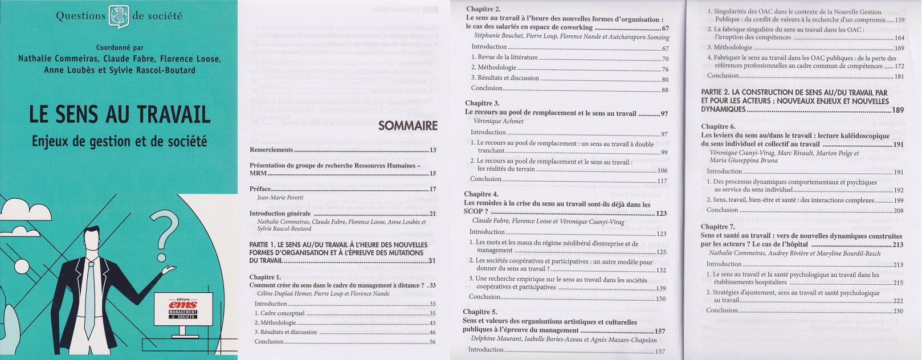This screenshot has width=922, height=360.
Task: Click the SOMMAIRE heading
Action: [x=407, y=125]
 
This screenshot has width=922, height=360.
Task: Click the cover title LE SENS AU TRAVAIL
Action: [x=120, y=115]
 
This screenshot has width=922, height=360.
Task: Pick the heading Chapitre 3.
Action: [x=482, y=103]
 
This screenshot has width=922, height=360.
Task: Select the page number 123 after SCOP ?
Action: [x=661, y=214]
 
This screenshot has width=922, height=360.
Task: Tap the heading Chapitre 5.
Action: [x=480, y=312]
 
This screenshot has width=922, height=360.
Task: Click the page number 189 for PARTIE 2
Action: [x=898, y=110]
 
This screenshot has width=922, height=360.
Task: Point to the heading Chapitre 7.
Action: [x=718, y=227]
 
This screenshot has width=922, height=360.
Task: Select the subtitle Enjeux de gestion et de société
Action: [x=120, y=140]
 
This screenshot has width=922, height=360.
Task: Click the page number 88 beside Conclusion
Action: [x=664, y=89]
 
